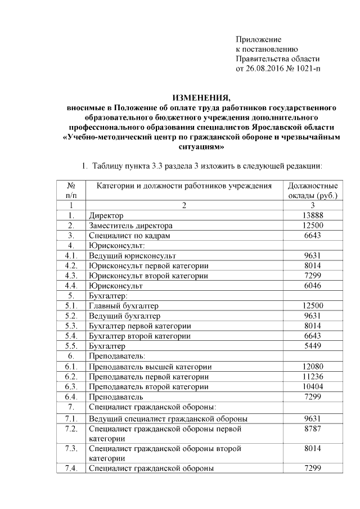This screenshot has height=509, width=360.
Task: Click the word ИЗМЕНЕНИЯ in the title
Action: click(x=201, y=97)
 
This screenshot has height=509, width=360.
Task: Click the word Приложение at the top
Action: click(x=258, y=39)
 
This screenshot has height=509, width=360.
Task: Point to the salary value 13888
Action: click(x=312, y=215)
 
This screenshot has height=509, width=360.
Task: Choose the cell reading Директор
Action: click(x=106, y=215)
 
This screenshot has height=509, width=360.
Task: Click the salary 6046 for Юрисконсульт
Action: click(x=312, y=286)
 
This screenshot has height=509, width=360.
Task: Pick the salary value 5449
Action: click(x=312, y=346)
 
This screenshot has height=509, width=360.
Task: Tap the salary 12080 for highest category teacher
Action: click(x=312, y=366)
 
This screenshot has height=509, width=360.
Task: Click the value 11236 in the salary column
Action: click(x=312, y=376)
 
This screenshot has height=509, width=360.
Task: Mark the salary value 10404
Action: click(x=312, y=386)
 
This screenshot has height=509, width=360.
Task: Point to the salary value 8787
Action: click(x=312, y=429)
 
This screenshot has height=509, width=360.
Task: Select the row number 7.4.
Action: click(x=71, y=469)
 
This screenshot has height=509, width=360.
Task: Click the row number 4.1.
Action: click(x=71, y=255)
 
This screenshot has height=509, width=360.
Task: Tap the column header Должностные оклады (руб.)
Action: click(x=312, y=190)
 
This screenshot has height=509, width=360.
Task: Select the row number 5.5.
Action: click(x=71, y=346)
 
